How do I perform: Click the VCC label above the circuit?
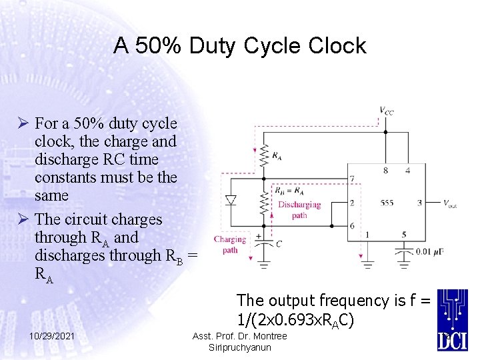[386, 111]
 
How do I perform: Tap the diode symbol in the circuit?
[231, 200]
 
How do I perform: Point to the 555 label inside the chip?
[387, 203]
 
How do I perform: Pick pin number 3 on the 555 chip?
[419, 203]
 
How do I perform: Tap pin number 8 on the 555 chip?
[385, 171]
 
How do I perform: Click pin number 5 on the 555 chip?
[403, 235]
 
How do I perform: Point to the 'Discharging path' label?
[299, 210]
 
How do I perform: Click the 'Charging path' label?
[230, 245]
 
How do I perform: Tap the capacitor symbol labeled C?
[264, 243]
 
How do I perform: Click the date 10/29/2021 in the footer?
[51, 337]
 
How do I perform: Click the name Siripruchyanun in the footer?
[239, 347]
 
